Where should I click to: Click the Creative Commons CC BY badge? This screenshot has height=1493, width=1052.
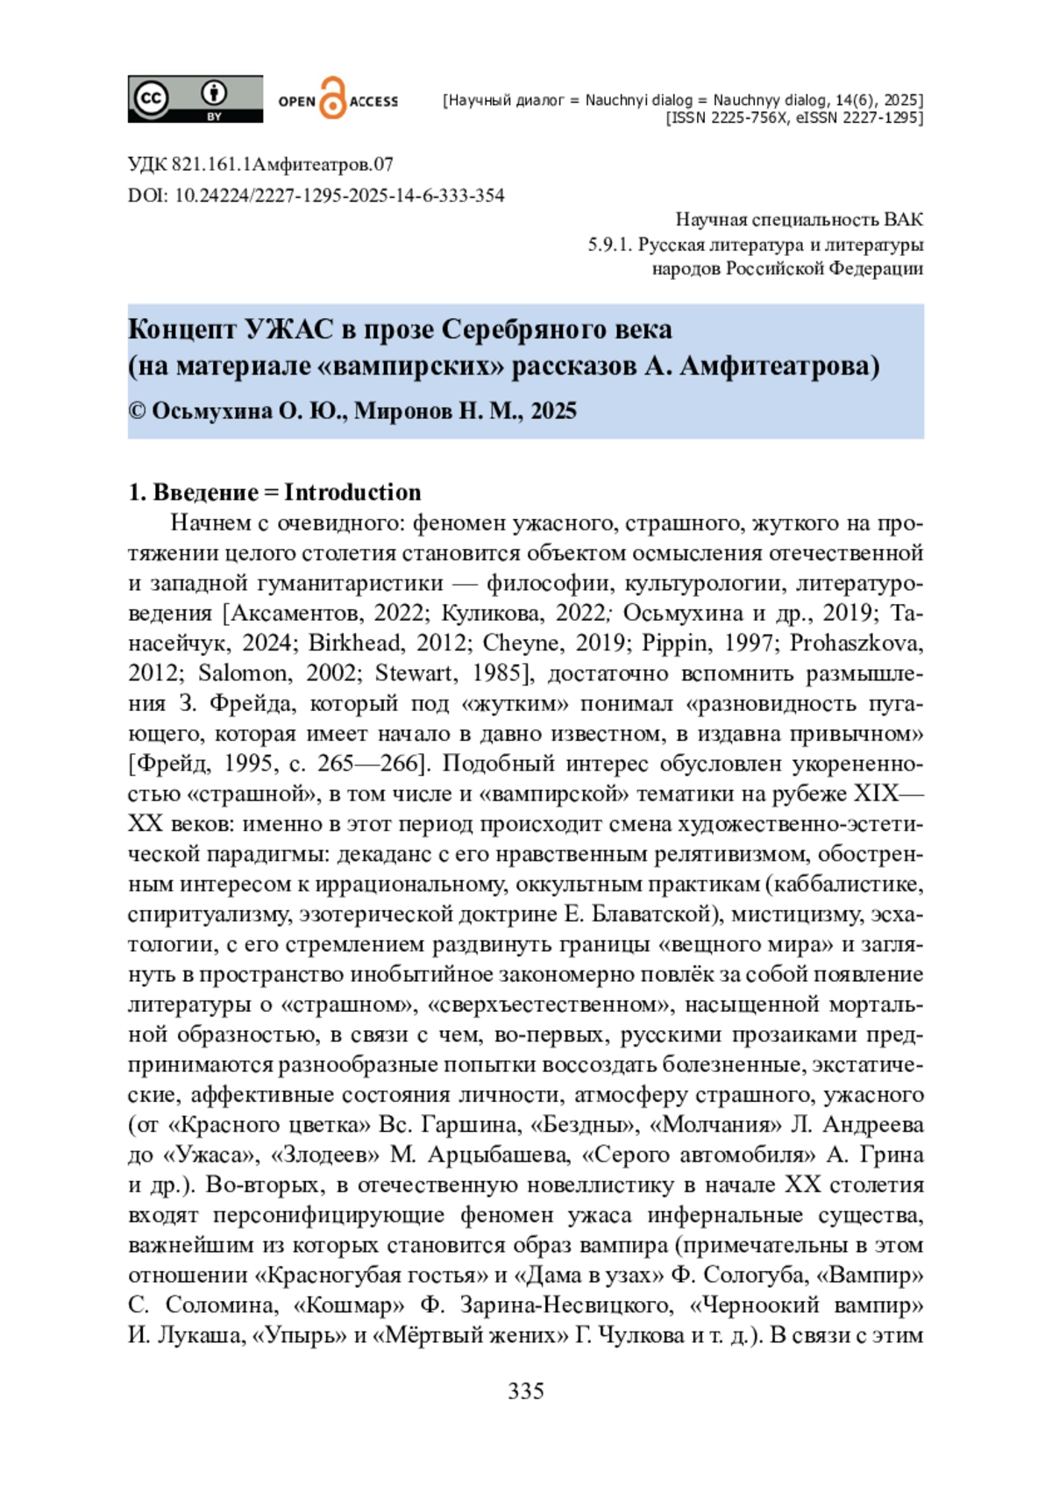(195, 99)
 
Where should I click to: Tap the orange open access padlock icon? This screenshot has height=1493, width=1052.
(332, 98)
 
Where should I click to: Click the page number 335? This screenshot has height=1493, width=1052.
(526, 1390)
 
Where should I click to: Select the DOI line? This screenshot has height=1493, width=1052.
(316, 196)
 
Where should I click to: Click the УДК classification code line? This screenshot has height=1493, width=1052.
(260, 164)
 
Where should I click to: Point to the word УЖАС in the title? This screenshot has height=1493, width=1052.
(288, 330)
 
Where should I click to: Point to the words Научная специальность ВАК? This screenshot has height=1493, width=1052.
(799, 219)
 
